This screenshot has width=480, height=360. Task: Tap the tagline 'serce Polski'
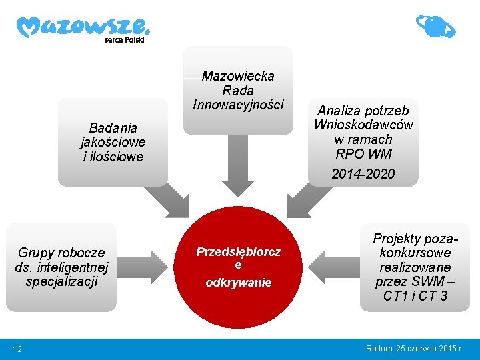click(124, 39)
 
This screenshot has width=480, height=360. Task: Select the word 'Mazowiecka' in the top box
click(238, 76)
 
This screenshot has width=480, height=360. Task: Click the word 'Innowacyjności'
click(238, 105)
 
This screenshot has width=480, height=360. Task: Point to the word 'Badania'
click(113, 127)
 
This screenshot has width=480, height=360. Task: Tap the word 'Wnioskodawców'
click(363, 125)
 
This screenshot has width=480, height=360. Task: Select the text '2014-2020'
click(363, 174)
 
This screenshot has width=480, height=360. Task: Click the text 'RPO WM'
click(363, 154)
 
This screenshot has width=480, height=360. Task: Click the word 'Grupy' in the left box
click(37, 253)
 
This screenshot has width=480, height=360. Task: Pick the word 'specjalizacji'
click(61, 281)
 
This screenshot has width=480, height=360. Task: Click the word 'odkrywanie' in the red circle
click(238, 283)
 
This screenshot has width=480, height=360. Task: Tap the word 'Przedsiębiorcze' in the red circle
click(238, 252)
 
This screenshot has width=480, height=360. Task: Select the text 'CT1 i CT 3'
click(415, 295)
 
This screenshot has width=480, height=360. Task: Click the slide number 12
click(17, 349)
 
